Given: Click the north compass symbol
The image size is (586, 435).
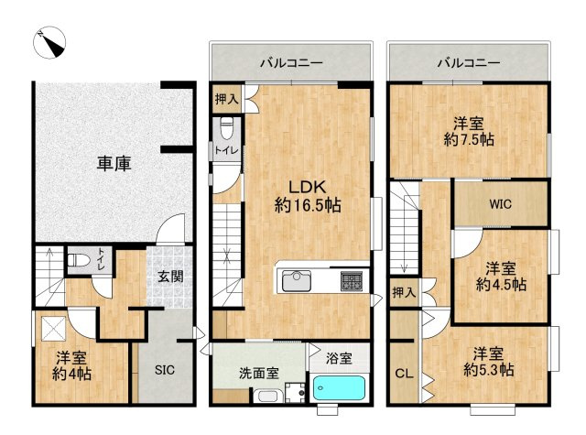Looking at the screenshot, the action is tap(49, 43).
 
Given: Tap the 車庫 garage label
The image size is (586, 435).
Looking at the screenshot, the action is tap(114, 164).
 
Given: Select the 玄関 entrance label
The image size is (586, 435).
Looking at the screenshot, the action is tap(170, 277).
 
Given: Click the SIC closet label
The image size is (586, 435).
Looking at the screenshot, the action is tap(165, 370).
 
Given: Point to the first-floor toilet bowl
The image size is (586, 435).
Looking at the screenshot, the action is tap(79, 260).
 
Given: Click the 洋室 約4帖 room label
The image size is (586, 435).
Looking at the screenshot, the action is tap(71, 366).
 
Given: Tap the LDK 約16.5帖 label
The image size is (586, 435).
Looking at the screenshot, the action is tap(308, 196).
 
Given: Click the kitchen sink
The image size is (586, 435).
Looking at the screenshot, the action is tap(297, 280).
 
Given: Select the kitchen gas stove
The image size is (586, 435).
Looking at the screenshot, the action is tap(352, 281).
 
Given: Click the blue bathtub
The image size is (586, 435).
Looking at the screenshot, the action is tap(339, 388).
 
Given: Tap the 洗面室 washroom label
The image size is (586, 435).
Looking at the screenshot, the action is tap(259, 374).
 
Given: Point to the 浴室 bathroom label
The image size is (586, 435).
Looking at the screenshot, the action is tap(339, 358).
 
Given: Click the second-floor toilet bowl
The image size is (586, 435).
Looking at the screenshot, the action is tap(226, 128).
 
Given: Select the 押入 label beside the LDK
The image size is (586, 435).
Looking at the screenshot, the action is tap(226, 100).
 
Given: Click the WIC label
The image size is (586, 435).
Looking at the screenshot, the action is tap(501, 204).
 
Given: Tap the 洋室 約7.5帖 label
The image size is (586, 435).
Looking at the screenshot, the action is tap(469, 132).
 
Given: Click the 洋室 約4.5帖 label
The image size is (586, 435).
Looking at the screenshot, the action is tap(501, 277).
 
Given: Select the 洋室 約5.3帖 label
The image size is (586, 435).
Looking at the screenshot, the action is tap(488, 362).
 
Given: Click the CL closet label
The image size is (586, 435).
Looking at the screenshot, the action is tap(404, 374).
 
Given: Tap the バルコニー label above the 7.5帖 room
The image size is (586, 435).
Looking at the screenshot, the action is tap(469, 62).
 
